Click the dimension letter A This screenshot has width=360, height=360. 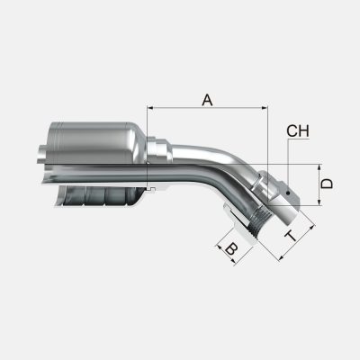pos(207,100)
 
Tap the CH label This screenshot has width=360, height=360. pos(298,130)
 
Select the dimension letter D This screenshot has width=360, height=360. pos(327,184)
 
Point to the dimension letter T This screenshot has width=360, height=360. pos(291,236)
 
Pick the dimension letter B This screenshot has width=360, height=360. pos(231,248)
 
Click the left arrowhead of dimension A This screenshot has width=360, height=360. pos(150,107)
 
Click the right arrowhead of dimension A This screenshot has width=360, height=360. pos(265,107)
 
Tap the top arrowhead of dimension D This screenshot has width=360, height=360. pos(319,167)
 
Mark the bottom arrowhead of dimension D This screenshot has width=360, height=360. pos(319,202)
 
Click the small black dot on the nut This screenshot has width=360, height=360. pos(288,193)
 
